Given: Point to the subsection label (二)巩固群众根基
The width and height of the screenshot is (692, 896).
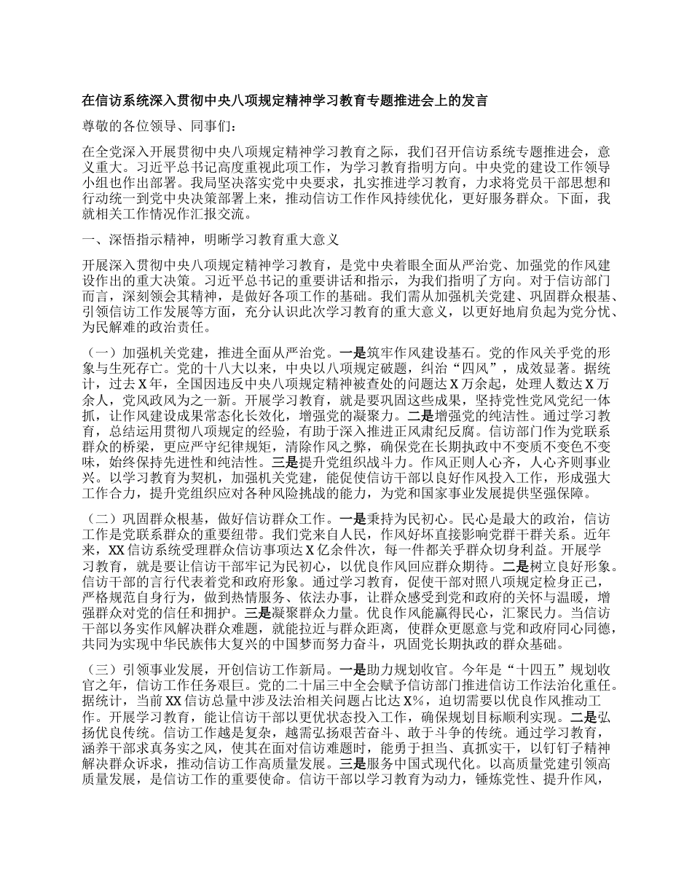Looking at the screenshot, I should pyautogui.click(x=146, y=522).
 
